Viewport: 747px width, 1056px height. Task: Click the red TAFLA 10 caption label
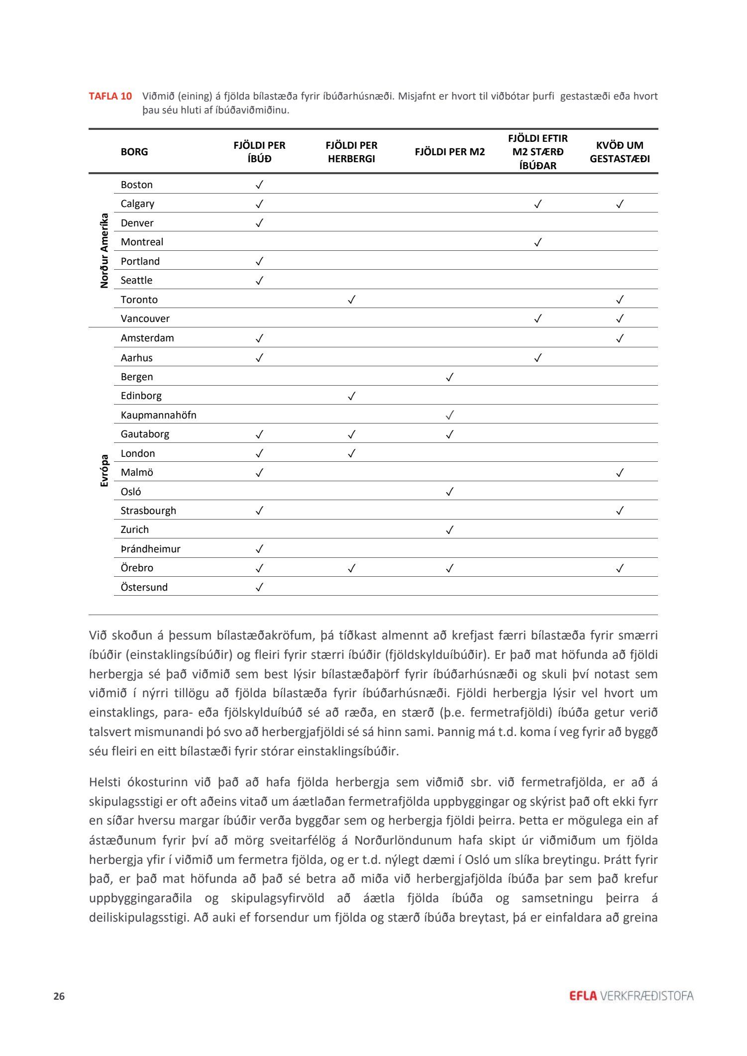(110, 96)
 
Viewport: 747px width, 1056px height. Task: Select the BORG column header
(134, 152)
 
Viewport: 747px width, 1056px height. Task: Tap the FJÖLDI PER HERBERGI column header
(351, 152)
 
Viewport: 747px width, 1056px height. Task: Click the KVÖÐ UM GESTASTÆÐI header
(620, 152)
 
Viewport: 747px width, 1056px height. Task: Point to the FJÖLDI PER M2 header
(449, 152)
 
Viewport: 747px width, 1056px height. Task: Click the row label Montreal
(142, 242)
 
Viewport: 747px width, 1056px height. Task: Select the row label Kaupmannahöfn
(158, 415)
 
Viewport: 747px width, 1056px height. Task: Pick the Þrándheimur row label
(150, 549)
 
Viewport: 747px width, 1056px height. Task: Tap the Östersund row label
(144, 587)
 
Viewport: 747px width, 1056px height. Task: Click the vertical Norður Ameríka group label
(104, 251)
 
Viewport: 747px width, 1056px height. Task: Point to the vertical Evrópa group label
(104, 470)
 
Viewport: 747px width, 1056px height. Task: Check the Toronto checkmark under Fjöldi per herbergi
(351, 300)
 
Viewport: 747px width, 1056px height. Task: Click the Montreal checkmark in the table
(537, 242)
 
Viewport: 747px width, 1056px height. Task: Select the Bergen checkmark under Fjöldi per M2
(449, 377)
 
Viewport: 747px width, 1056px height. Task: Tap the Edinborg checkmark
(351, 396)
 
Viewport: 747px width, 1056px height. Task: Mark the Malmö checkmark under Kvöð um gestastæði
(620, 473)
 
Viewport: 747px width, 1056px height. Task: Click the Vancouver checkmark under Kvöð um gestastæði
(620, 318)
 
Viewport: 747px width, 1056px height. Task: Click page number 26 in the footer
(59, 996)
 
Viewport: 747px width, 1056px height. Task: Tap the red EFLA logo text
(583, 996)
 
